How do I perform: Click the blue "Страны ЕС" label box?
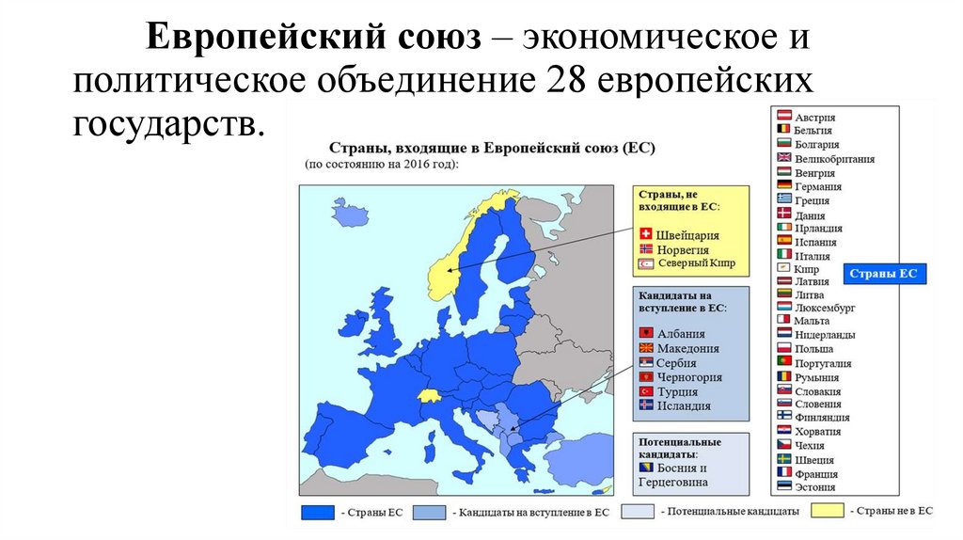tap(883, 275)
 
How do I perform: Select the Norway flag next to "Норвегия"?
tap(645, 249)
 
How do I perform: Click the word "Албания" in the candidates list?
tap(681, 334)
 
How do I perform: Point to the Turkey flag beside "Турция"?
tap(645, 391)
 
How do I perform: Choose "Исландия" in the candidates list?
tap(684, 406)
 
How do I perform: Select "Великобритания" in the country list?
tap(834, 159)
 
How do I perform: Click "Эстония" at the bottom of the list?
tap(814, 487)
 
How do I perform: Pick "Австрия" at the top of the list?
tap(814, 117)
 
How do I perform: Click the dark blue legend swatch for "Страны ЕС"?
tap(319, 513)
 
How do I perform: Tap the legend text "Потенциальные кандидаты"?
tap(730, 512)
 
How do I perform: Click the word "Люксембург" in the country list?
tap(824, 308)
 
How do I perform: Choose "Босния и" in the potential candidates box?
tap(685, 469)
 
